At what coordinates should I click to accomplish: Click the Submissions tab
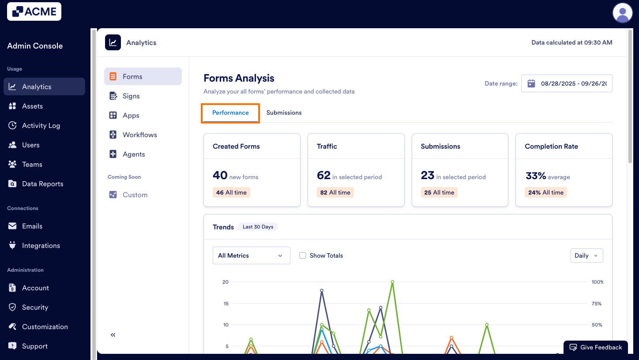point(284,113)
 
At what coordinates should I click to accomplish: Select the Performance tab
point(230,113)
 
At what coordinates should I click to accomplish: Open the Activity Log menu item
point(41,126)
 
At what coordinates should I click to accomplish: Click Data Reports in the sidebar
point(43,184)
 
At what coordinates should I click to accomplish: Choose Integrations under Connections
point(41,246)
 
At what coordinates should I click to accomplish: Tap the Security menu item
point(35,307)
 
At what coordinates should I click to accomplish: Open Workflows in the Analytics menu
point(139,135)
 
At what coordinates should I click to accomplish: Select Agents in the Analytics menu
point(134,154)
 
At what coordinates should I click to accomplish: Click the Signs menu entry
point(131,96)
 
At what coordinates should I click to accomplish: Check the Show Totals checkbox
point(303,255)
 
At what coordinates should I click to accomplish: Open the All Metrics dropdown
point(251,255)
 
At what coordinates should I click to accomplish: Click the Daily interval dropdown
point(586,255)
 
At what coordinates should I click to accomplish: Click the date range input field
point(567,83)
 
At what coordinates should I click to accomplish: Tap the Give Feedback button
point(595,347)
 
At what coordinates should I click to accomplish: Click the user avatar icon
point(622,12)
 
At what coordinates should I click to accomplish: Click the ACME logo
point(34,11)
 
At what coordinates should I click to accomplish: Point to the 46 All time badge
point(231,192)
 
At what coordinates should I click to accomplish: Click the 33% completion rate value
point(536,176)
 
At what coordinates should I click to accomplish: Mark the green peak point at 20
point(392,282)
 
